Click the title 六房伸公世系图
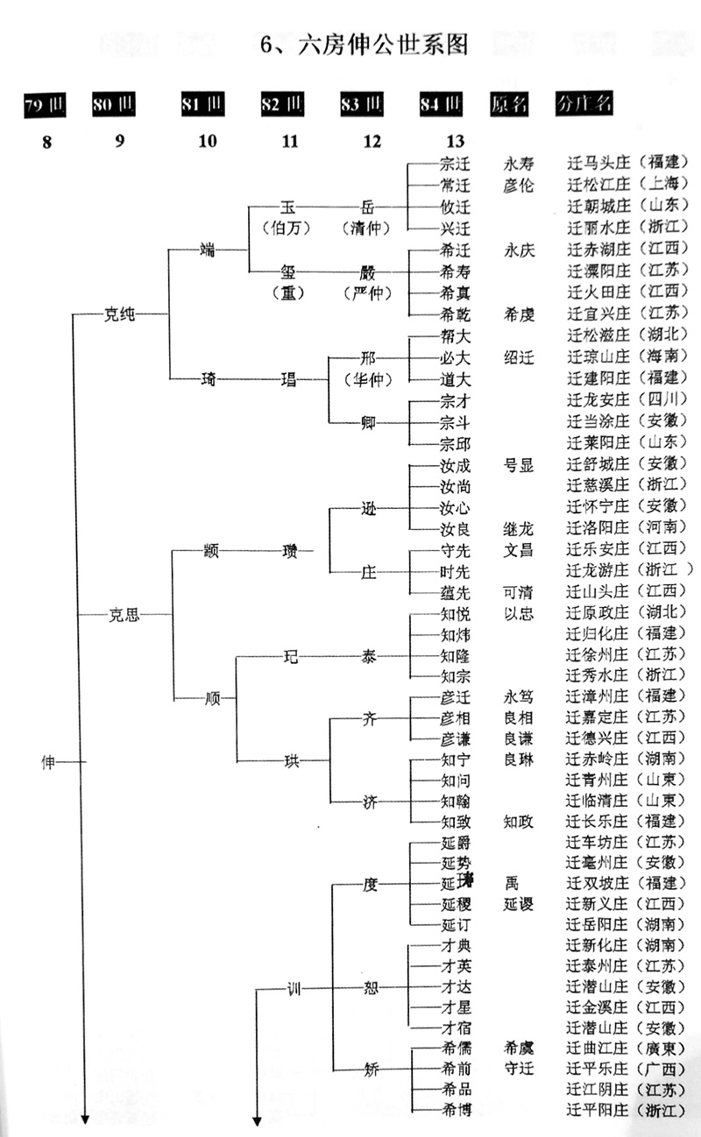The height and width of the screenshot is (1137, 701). pyautogui.click(x=364, y=45)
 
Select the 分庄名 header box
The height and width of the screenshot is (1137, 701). pyautogui.click(x=584, y=103)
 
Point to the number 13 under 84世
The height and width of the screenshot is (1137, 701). pyautogui.click(x=454, y=141)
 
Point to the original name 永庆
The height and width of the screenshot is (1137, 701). pyautogui.click(x=519, y=249)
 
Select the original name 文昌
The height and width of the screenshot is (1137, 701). pyautogui.click(x=519, y=551)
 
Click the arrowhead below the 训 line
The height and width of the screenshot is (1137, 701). pyautogui.click(x=258, y=1119)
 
